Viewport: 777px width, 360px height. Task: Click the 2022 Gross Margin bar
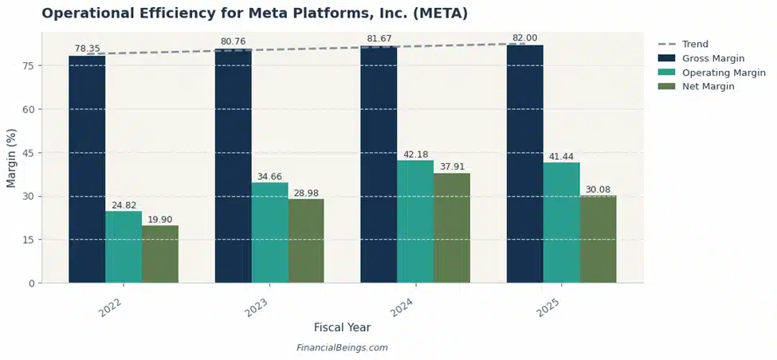pyautogui.click(x=87, y=169)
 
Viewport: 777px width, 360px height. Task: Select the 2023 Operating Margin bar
pyautogui.click(x=269, y=233)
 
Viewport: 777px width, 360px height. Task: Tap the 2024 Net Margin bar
pyautogui.click(x=452, y=228)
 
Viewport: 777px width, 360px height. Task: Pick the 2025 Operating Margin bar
pyautogui.click(x=561, y=222)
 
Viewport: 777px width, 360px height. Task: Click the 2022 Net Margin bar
pyautogui.click(x=160, y=254)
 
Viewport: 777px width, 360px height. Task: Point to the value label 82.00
pyautogui.click(x=524, y=38)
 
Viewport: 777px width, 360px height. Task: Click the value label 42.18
pyautogui.click(x=415, y=154)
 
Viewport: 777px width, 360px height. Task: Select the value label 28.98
pyautogui.click(x=306, y=192)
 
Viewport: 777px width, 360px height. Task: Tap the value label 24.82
pyautogui.click(x=124, y=205)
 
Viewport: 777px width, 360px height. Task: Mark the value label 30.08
pyautogui.click(x=598, y=189)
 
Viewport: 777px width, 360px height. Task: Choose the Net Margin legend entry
pyautogui.click(x=708, y=86)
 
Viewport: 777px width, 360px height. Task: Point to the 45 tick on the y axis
pyautogui.click(x=28, y=153)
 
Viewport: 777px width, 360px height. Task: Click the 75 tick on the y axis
pyautogui.click(x=28, y=66)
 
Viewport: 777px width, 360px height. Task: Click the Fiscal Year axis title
pyautogui.click(x=342, y=327)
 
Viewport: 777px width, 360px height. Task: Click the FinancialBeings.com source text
pyautogui.click(x=342, y=348)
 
